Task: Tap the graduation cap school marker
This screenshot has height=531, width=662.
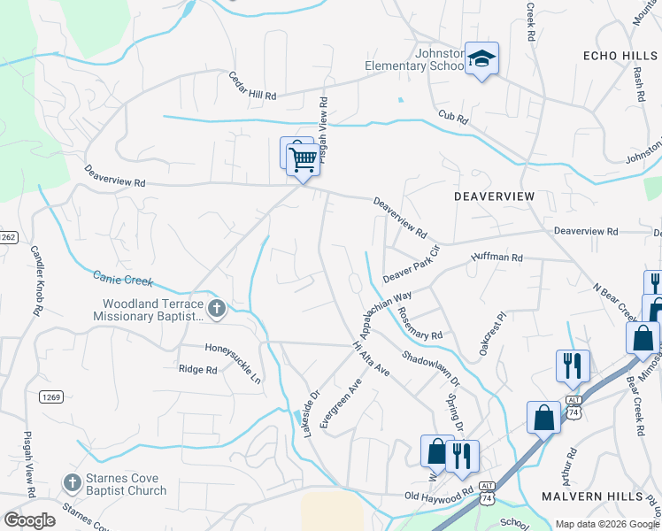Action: coord(481,59)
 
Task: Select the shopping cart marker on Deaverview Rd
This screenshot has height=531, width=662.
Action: coord(303,160)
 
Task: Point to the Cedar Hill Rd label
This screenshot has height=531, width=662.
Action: coord(252,86)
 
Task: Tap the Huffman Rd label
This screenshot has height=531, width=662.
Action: coord(497,257)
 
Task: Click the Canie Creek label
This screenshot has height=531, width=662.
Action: coord(123,279)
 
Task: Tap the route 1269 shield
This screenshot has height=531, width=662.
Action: coord(50,397)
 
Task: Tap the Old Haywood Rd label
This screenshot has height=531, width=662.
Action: coord(439,497)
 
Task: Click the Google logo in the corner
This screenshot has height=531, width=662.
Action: coord(29,520)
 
